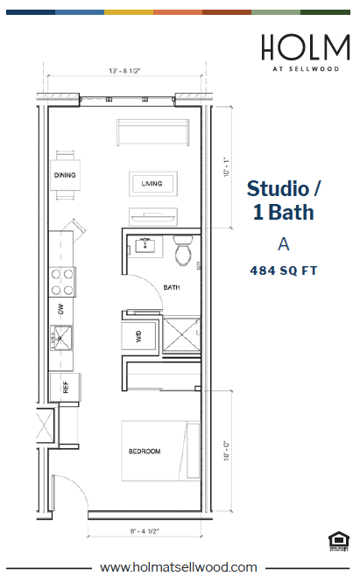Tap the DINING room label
click(x=64, y=175)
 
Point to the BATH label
click(x=172, y=286)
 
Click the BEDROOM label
click(x=145, y=451)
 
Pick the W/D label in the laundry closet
click(x=139, y=334)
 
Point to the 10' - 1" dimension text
click(x=226, y=165)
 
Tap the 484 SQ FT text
click(x=283, y=271)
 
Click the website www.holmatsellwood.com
click(x=179, y=567)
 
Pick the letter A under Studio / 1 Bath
click(x=282, y=243)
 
